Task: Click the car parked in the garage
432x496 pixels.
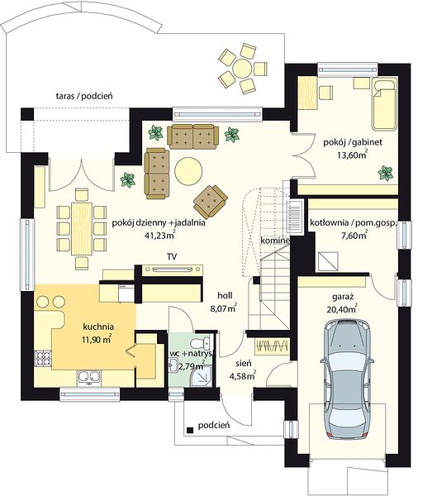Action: click(x=347, y=379)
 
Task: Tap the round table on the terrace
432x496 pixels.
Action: click(x=242, y=68)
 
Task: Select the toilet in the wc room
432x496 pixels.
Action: click(x=200, y=342)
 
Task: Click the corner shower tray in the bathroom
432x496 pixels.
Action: click(x=202, y=377)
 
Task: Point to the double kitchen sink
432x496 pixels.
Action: click(x=89, y=377)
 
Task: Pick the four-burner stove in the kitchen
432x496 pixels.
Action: click(x=43, y=359)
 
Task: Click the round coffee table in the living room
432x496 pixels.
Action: click(x=188, y=171)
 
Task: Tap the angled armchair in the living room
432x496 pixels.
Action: click(x=211, y=202)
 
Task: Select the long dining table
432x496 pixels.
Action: click(x=82, y=229)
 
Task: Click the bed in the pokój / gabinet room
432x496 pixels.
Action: click(x=384, y=104)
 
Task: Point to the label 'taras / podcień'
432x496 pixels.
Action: click(x=84, y=96)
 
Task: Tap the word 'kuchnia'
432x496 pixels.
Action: click(x=98, y=327)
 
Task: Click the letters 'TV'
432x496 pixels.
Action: click(x=173, y=256)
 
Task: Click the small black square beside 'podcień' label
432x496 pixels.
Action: click(x=190, y=430)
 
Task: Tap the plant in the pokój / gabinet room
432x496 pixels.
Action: click(x=386, y=173)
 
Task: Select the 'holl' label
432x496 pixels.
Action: click(x=225, y=295)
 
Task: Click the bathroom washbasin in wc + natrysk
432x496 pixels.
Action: click(x=173, y=365)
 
